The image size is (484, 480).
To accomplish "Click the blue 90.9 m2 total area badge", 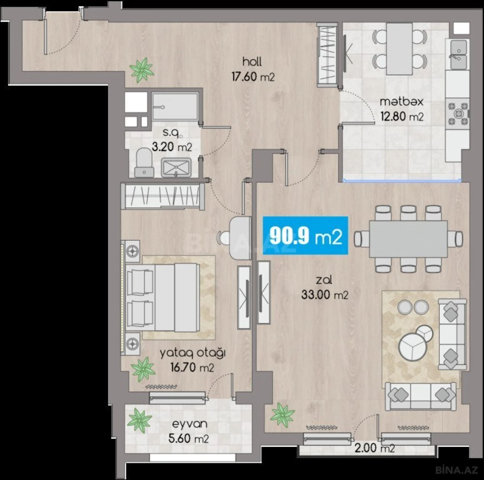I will click(x=305, y=235).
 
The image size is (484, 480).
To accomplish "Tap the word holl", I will click(x=252, y=62).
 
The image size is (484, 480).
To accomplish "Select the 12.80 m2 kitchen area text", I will click(x=402, y=116).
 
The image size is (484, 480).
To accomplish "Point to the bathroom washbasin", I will click(x=176, y=167).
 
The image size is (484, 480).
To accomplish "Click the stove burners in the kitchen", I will click(x=458, y=113).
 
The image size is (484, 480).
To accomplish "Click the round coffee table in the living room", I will click(x=413, y=346).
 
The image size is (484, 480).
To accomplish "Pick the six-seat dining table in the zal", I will click(x=408, y=239).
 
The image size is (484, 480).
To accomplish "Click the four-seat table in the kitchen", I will click(x=399, y=49).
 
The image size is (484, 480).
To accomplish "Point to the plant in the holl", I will click(x=142, y=70).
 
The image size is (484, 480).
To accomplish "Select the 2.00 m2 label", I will click(x=374, y=448).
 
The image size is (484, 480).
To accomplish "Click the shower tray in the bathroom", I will click(x=175, y=106).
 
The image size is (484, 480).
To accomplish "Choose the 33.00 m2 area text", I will click(x=325, y=295).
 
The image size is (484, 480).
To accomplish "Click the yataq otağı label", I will click(x=192, y=353).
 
